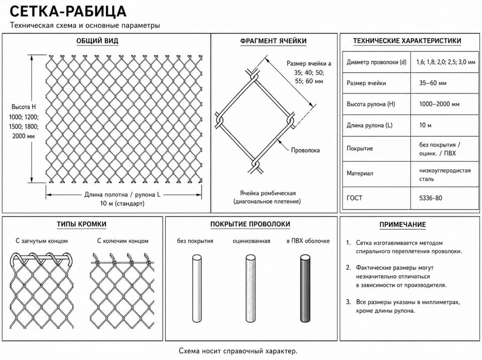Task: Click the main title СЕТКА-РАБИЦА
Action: click(68, 12)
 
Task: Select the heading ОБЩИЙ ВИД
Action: click(97, 41)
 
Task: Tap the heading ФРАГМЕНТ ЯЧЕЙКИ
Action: click(273, 41)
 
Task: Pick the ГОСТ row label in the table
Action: click(354, 198)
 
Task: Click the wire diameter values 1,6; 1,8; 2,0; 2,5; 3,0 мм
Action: click(446, 62)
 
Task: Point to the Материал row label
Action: click(360, 173)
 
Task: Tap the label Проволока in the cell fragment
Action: click(305, 150)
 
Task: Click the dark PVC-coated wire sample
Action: click(305, 288)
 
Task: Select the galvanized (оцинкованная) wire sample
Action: click(251, 288)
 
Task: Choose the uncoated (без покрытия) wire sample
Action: click(197, 288)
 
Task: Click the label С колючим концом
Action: click(123, 241)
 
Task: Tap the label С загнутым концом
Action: click(42, 241)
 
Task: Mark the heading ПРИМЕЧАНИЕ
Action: click(403, 225)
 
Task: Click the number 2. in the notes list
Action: click(348, 268)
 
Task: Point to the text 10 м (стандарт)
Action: click(122, 203)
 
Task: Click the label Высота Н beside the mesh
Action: click(24, 107)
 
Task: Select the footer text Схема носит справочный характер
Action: click(238, 351)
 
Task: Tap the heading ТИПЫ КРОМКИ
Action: click(81, 224)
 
